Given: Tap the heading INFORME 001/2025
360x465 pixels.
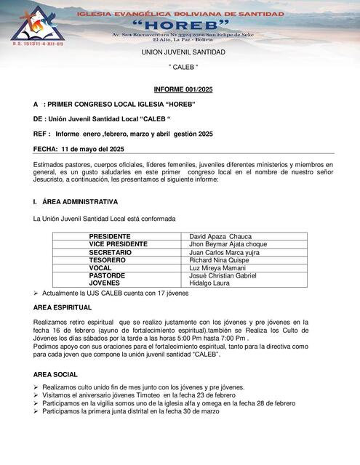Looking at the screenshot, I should tap(183, 89).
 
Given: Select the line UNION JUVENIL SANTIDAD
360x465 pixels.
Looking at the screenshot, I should tap(183, 52).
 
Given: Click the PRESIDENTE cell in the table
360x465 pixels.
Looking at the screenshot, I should tap(110, 237).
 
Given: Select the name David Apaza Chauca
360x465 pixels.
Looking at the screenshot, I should tap(220, 237).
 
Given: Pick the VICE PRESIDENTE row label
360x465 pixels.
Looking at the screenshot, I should tap(118, 245).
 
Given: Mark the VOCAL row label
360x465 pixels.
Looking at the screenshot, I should tap(100, 268).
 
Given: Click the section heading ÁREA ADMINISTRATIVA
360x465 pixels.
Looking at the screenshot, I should tap(80, 201).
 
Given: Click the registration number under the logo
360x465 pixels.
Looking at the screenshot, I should tap(33, 44).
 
